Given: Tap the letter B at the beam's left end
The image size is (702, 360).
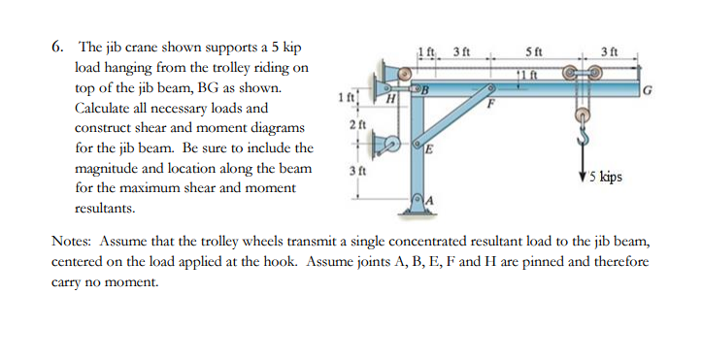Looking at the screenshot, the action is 424,92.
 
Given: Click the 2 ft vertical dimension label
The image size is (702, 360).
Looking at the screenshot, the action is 355,125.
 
